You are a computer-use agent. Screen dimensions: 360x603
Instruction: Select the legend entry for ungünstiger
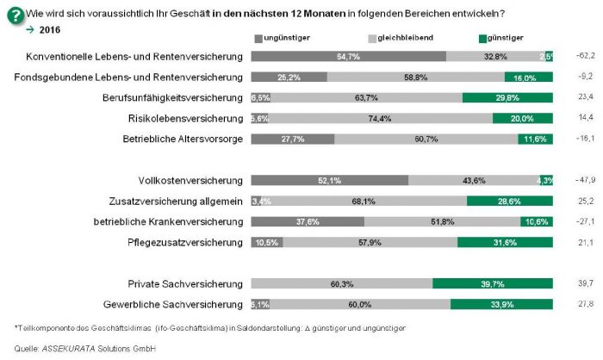click(x=283, y=39)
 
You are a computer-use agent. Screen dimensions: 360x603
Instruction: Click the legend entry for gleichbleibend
click(x=400, y=39)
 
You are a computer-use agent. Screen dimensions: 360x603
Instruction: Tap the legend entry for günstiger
click(x=504, y=39)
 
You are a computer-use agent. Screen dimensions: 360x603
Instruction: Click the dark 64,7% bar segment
click(x=348, y=57)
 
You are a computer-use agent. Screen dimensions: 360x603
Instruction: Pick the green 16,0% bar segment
click(x=528, y=77)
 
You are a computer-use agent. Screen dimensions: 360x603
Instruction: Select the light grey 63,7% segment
click(x=365, y=97)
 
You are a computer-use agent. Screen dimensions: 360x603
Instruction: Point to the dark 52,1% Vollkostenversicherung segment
click(x=329, y=180)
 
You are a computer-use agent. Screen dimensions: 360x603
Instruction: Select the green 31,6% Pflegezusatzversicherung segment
click(x=505, y=242)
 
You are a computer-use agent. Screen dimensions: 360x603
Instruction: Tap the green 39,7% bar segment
click(x=493, y=283)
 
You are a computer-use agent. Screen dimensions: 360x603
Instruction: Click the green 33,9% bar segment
click(x=501, y=304)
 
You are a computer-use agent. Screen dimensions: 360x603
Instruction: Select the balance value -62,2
click(x=586, y=57)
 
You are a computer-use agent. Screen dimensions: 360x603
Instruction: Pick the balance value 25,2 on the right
click(x=586, y=201)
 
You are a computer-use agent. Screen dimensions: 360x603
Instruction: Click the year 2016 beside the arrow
click(x=51, y=30)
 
